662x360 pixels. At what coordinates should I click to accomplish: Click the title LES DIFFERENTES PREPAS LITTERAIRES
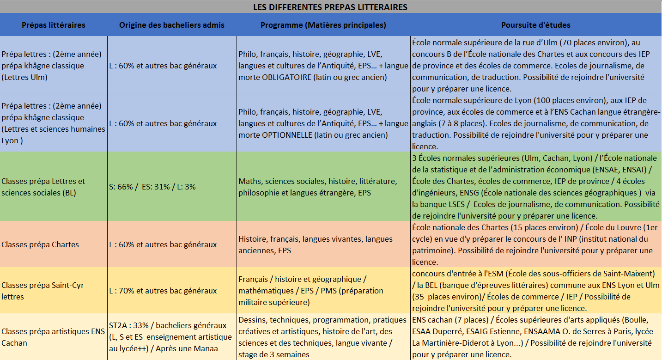330,7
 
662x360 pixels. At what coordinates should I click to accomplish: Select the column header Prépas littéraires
54,25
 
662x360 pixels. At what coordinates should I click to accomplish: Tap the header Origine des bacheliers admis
172,25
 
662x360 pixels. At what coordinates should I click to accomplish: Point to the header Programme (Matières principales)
323,25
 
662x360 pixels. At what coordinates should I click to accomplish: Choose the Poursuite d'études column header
536,25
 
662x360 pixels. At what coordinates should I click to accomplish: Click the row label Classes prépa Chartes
40,244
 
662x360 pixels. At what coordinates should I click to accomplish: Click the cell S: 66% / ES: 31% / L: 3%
152,187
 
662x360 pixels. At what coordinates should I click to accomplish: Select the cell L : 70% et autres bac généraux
163,291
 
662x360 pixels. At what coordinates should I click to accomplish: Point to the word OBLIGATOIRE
286,77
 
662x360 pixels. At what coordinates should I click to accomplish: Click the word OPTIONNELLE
287,135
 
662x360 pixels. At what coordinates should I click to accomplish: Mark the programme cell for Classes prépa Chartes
316,244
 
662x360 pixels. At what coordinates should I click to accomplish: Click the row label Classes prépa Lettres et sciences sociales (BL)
43,187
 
